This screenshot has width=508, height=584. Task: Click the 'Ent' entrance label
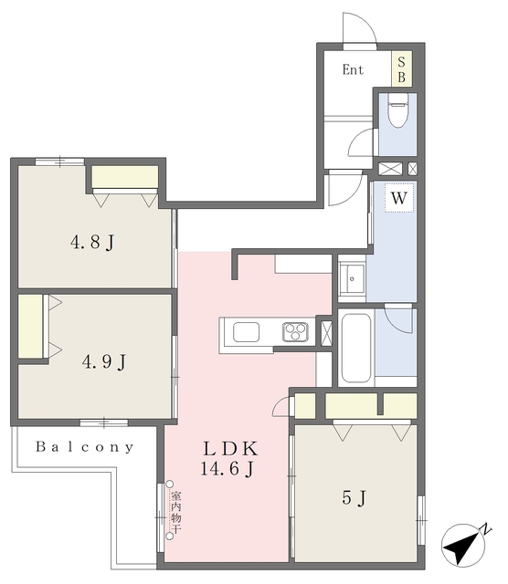coord(353,69)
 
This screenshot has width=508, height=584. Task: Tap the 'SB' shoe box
coord(401,69)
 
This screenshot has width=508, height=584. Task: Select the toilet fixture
coord(397,109)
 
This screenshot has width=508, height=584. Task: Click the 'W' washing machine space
coord(398,198)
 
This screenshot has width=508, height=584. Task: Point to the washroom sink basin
coord(352,278)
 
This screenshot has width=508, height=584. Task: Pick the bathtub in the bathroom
coord(356,348)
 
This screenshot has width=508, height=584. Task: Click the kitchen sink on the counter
coord(246,332)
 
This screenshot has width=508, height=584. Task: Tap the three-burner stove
coord(295,332)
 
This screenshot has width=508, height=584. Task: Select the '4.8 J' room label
coord(92,243)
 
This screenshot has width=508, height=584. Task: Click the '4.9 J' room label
coord(104,361)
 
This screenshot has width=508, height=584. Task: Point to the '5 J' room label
coord(354,497)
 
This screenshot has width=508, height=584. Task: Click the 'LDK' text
coord(230,449)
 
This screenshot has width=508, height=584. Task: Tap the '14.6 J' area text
coord(228,468)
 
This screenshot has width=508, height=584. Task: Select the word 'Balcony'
coord(85,446)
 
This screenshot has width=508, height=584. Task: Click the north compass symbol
coord(465,545)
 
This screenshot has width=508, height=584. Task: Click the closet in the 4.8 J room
coord(125,177)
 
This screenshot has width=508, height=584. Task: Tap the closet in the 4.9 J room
coord(30,327)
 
